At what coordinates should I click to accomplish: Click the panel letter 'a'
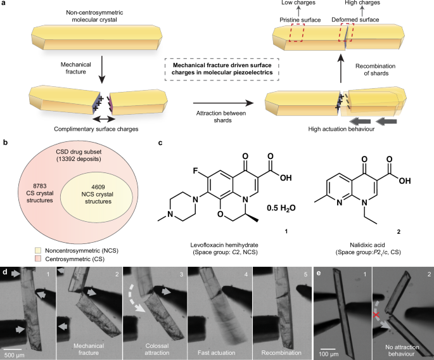coord(4,5)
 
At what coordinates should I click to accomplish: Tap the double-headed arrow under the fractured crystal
coord(103,119)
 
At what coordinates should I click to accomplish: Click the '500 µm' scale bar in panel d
coord(20,346)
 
